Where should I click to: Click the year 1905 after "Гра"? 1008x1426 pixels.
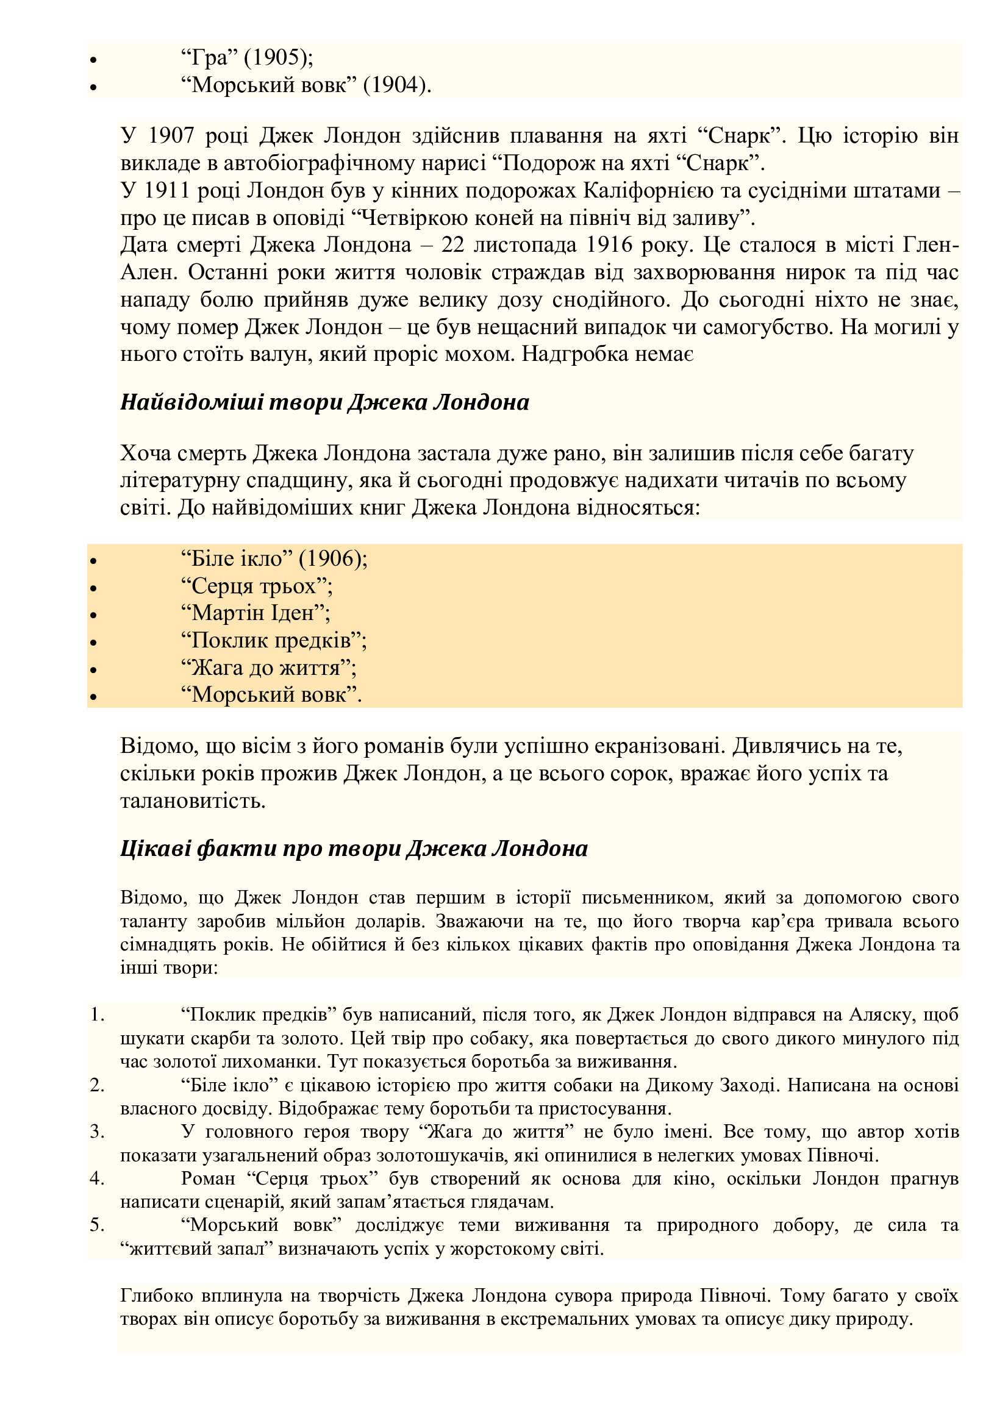274,57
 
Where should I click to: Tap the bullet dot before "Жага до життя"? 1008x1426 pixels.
94,670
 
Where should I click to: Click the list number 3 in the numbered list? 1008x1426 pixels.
96,1132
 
